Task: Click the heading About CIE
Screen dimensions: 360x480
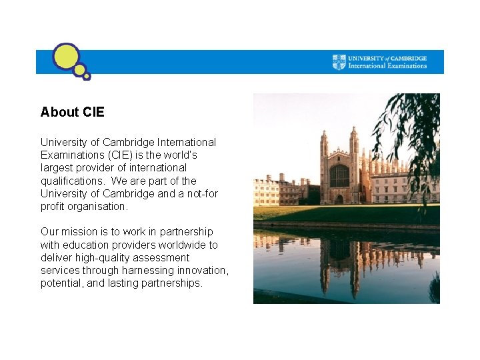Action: [x=72, y=112]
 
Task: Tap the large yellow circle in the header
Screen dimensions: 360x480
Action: [x=66, y=57]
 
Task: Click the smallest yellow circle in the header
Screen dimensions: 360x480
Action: [x=87, y=77]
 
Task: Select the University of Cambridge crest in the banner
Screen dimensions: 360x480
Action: [x=339, y=62]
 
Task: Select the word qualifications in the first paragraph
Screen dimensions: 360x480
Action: [x=73, y=181]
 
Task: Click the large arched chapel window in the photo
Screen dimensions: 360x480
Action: [x=339, y=175]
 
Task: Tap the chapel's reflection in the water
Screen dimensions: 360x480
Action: [x=340, y=260]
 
